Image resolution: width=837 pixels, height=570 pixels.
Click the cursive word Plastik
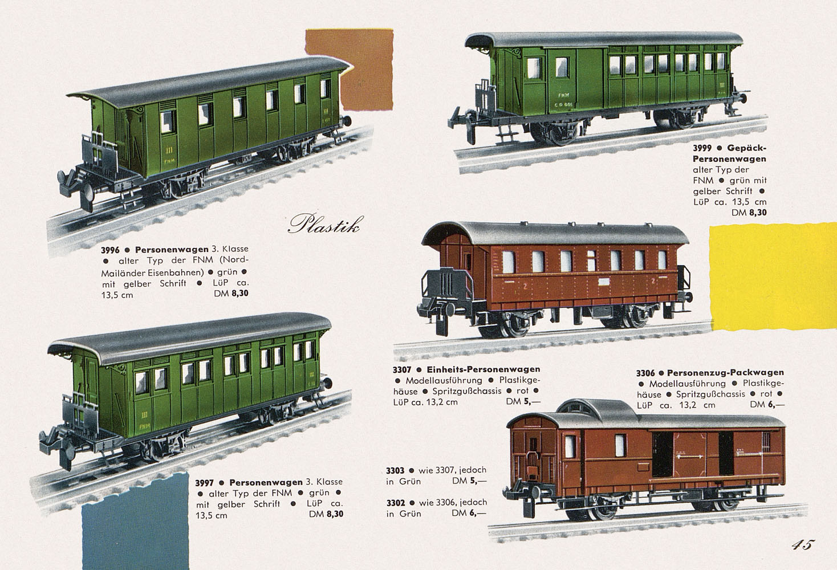(325, 223)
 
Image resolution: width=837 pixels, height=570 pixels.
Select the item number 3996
(110, 250)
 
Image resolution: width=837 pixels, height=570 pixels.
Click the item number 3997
(204, 483)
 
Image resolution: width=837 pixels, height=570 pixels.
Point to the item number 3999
(702, 148)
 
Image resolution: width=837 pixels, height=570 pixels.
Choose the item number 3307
(402, 370)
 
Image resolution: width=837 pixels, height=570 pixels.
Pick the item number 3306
(645, 373)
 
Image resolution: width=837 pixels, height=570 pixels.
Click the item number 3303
(395, 470)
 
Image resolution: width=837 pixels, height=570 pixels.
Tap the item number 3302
(395, 503)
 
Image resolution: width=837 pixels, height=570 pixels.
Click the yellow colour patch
(773, 276)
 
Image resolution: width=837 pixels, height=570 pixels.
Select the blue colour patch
(135, 523)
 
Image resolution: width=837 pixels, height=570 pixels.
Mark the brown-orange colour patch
(349, 70)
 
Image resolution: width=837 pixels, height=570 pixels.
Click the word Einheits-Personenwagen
(483, 369)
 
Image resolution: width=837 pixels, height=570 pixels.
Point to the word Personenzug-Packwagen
(726, 373)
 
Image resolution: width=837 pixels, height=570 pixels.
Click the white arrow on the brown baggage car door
(690, 457)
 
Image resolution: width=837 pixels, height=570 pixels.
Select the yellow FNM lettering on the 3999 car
(561, 95)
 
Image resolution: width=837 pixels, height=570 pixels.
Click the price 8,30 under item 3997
(335, 514)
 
